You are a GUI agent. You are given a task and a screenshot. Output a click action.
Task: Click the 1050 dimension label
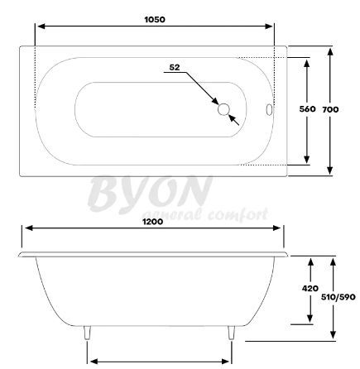coord(155,20)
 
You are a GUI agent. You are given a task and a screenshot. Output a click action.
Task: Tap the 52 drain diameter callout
coord(175,67)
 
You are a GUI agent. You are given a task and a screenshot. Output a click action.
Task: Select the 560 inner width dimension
coord(307,109)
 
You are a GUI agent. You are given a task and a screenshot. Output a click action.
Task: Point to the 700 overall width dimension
coord(330,110)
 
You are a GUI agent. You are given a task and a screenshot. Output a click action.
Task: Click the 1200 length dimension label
coord(152,222)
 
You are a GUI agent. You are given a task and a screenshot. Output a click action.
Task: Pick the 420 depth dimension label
coord(310,289)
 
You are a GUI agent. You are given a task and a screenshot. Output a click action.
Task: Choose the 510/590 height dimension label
coord(338,297)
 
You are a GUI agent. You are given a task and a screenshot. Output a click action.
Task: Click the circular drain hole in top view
coord(223,109)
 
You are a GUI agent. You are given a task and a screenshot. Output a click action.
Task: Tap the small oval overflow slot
coord(269,109)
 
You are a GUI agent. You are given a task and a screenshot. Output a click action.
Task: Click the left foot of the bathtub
coord(87,333)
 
